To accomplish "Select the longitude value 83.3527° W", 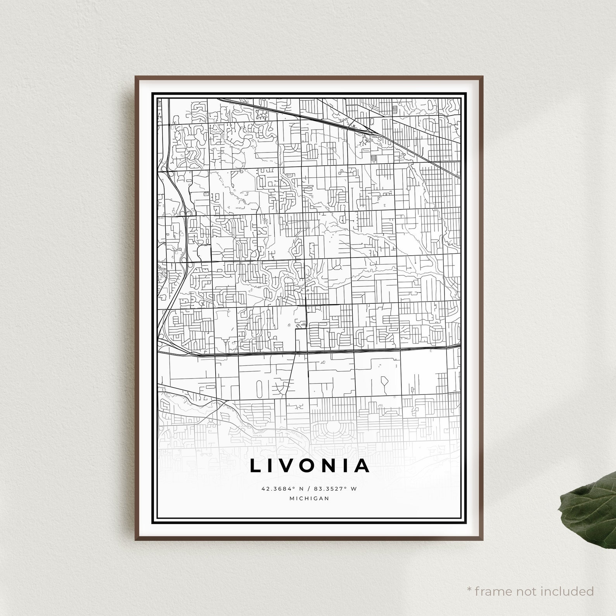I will click(334, 489).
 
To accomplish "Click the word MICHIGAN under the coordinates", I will click(309, 498).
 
